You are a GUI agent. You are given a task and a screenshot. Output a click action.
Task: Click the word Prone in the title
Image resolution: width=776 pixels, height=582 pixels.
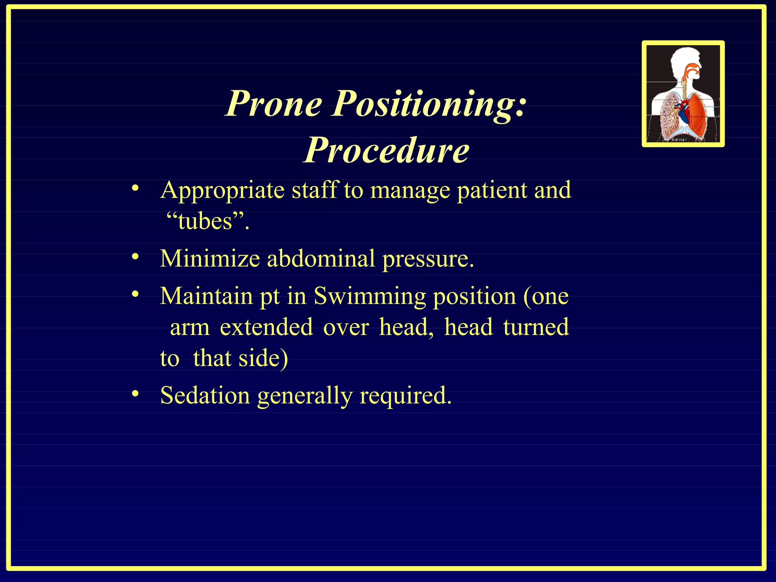pyautogui.click(x=274, y=104)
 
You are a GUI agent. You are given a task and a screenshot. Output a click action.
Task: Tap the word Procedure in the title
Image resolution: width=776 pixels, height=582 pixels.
pyautogui.click(x=386, y=150)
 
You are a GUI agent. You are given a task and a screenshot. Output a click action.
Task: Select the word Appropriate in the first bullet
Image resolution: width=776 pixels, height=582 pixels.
pyautogui.click(x=222, y=191)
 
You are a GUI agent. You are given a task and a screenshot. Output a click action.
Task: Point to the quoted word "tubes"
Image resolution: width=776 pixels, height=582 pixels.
pyautogui.click(x=208, y=221)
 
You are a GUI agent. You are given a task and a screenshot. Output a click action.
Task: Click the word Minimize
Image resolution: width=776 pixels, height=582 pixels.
pyautogui.click(x=210, y=259)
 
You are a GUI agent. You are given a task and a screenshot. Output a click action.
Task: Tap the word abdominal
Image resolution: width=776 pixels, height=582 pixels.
pyautogui.click(x=321, y=259)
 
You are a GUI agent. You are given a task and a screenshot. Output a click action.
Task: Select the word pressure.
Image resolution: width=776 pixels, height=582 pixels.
pyautogui.click(x=428, y=260)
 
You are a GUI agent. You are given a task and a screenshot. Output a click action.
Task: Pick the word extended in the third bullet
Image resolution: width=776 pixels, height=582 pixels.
pyautogui.click(x=266, y=327)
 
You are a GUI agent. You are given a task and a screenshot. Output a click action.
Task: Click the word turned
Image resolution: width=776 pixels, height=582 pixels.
pyautogui.click(x=536, y=327)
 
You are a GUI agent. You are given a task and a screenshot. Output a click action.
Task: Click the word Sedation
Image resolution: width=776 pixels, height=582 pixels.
pyautogui.click(x=205, y=396)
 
